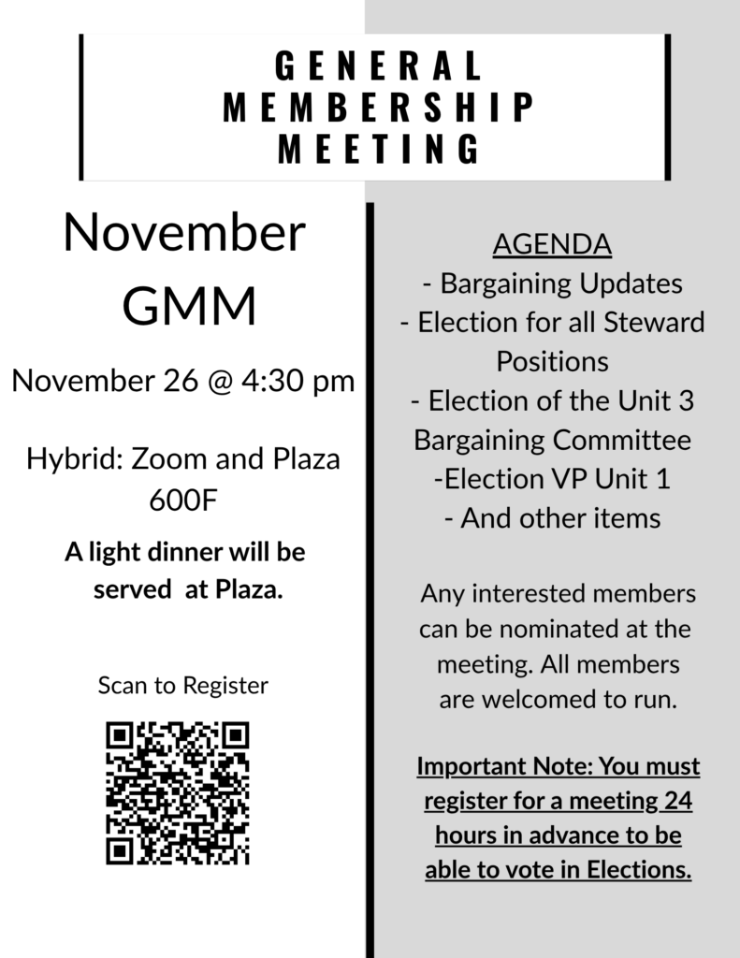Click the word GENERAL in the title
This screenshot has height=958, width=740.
coord(378,66)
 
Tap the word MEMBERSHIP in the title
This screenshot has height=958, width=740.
coord(378,107)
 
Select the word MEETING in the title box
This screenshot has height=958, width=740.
coord(378,148)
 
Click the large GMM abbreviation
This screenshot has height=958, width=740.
coord(190,306)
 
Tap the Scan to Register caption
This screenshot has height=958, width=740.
coord(183,686)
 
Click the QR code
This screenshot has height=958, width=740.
coord(178,792)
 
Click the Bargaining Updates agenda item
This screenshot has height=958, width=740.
coord(553,283)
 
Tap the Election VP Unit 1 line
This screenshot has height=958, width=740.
coord(552,478)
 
